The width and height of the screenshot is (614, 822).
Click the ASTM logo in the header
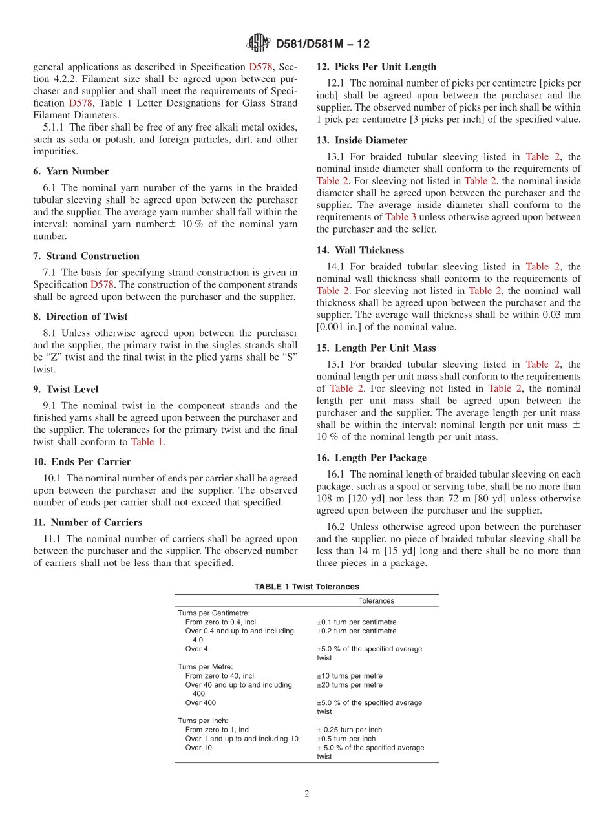tap(259, 43)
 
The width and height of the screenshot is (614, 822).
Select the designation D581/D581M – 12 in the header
tap(323, 44)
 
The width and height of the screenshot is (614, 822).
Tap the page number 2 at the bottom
tap(307, 794)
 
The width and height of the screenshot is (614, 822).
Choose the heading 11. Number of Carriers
tap(87, 522)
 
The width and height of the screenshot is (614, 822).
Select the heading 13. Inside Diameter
tap(362, 140)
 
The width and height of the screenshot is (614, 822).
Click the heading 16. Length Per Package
tap(372, 458)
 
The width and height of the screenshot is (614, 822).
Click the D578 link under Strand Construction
tap(102, 284)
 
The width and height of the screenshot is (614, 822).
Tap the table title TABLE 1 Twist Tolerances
tap(306, 587)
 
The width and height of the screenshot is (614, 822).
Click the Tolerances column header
tap(376, 600)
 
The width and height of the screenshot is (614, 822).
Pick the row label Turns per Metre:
tap(205, 666)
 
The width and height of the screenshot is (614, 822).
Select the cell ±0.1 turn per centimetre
tap(356, 622)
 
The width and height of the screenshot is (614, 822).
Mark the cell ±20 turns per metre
tap(349, 684)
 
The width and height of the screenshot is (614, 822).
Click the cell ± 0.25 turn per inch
tap(349, 730)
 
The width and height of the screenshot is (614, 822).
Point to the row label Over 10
tap(198, 748)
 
